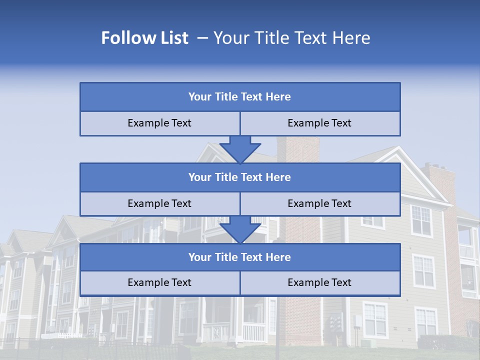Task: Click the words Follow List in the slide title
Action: [x=144, y=38]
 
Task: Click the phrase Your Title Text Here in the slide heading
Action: [x=291, y=38]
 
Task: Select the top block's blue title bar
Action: [x=240, y=97]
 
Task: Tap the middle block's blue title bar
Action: [x=240, y=177]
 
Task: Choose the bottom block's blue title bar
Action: [x=240, y=257]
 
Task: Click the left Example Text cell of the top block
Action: [x=159, y=123]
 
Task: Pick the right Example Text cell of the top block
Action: [x=319, y=123]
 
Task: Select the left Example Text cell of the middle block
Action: [x=159, y=203]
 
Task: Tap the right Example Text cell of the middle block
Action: [x=319, y=203]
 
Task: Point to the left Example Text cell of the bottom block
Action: [x=159, y=282]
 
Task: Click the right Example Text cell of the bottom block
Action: [x=319, y=282]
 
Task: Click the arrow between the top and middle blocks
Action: [x=240, y=149]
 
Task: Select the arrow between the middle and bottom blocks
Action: [x=240, y=229]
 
